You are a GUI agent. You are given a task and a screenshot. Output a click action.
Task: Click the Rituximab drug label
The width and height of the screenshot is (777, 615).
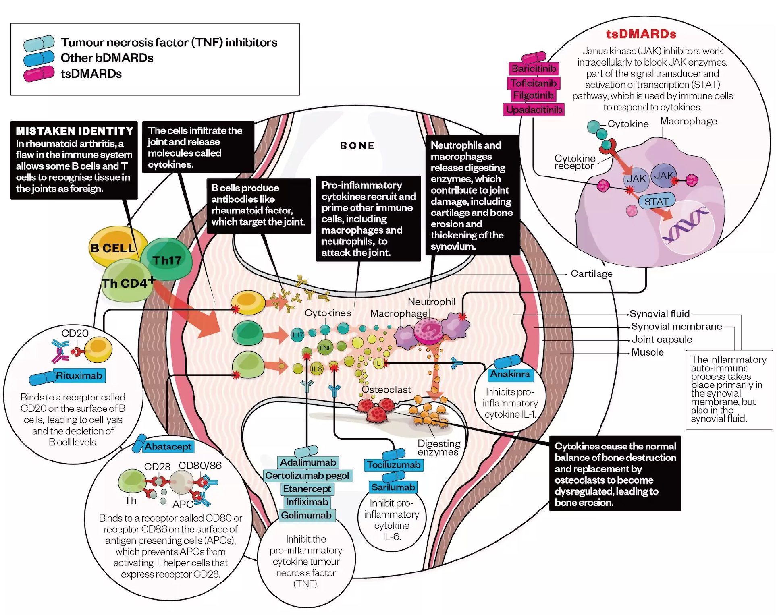pyautogui.click(x=79, y=376)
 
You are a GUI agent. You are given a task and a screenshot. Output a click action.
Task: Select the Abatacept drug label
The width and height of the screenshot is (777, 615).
pyautogui.click(x=168, y=447)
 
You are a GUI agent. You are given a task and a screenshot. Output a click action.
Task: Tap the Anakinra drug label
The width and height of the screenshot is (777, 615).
pyautogui.click(x=510, y=374)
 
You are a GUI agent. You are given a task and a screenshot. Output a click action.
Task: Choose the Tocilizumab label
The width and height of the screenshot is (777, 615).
pyautogui.click(x=393, y=465)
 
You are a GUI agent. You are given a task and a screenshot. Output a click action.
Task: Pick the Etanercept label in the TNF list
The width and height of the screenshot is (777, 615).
pyautogui.click(x=307, y=489)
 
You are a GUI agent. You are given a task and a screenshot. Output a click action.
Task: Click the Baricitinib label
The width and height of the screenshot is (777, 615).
pyautogui.click(x=534, y=68)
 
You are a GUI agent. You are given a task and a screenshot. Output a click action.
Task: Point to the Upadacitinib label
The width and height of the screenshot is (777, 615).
pyautogui.click(x=534, y=110)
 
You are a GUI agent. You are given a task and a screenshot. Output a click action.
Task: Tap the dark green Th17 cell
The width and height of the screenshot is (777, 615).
pyautogui.click(x=166, y=259)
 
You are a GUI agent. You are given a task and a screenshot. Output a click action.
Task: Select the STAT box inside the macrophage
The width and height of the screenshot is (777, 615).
pyautogui.click(x=656, y=201)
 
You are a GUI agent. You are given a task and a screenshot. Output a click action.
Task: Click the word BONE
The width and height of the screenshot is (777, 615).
pyautogui.click(x=357, y=146)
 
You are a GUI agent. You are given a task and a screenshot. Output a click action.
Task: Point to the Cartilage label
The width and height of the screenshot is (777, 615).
pyautogui.click(x=591, y=274)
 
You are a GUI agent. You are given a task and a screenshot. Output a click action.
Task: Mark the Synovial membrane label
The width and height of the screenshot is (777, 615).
pyautogui.click(x=676, y=327)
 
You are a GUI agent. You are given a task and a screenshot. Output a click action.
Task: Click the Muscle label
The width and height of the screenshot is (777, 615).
pyautogui.click(x=647, y=352)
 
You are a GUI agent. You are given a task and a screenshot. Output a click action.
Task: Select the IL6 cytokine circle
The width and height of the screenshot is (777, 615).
pyautogui.click(x=317, y=369)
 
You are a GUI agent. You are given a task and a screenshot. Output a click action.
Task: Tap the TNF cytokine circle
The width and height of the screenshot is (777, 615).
pyautogui.click(x=325, y=348)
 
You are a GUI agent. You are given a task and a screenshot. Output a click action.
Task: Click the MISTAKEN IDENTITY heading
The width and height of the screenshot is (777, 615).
pyautogui.click(x=75, y=131)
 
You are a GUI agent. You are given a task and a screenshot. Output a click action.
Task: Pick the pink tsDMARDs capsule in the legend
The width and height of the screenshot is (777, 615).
pyautogui.click(x=39, y=74)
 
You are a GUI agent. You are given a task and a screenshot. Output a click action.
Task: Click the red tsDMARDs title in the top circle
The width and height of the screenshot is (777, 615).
pyautogui.click(x=641, y=34)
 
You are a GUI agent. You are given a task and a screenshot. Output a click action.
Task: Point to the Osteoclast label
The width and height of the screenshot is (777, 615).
pyautogui.click(x=386, y=390)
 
